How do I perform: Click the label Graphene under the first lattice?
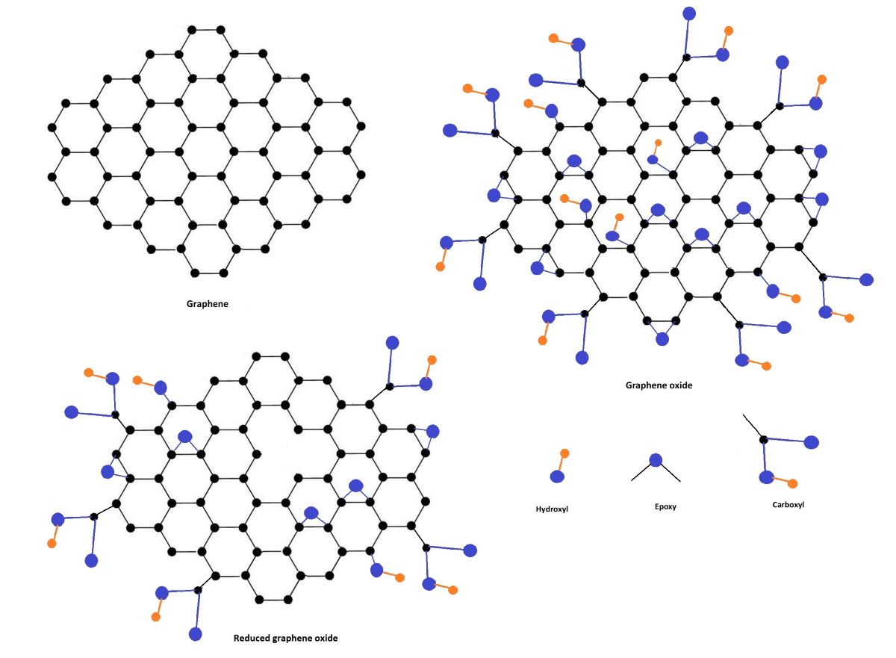[207, 305]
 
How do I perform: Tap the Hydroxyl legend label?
[552, 509]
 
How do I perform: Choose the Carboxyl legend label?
[788, 504]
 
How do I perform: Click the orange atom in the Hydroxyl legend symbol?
[564, 453]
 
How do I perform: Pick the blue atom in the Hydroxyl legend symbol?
[557, 477]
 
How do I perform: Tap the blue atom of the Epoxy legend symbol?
[656, 460]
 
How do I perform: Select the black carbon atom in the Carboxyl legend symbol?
[763, 439]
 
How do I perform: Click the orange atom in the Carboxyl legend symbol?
[792, 483]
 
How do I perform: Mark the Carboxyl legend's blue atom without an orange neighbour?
[812, 441]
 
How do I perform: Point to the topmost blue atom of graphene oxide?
[689, 13]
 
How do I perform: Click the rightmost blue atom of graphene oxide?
[866, 279]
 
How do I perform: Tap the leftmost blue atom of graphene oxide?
[449, 130]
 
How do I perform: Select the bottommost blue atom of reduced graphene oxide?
[196, 634]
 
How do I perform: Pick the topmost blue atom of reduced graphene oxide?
[392, 342]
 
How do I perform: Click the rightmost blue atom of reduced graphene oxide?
[470, 550]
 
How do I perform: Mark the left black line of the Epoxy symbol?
[643, 472]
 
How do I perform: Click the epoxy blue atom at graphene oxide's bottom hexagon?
[662, 338]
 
